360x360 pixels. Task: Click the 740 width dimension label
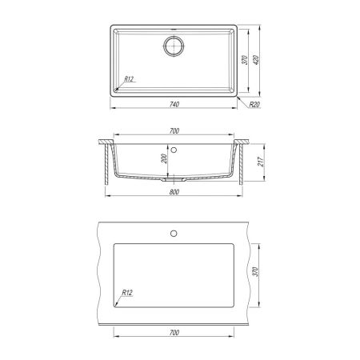174,104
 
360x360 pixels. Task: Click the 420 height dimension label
256,61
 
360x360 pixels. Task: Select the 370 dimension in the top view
245,60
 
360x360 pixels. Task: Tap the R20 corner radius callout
254,105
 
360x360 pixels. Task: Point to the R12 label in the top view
129,79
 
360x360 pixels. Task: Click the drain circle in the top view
174,46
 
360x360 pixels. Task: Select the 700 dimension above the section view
174,131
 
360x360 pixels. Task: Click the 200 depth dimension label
164,159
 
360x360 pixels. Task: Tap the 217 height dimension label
261,162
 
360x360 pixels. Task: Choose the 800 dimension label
174,192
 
